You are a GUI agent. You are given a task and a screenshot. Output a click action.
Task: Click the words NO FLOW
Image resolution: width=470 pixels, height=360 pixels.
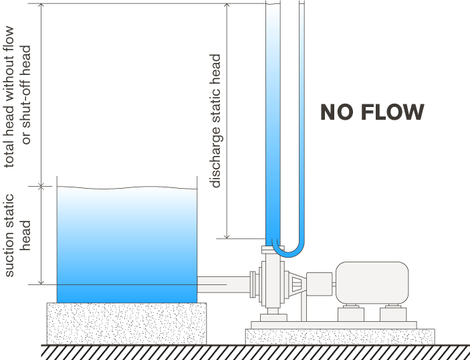click(372, 112)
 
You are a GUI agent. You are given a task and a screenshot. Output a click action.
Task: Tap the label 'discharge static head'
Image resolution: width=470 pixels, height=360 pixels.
click(216, 120)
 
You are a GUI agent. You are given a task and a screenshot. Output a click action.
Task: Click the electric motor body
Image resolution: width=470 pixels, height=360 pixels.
click(372, 281)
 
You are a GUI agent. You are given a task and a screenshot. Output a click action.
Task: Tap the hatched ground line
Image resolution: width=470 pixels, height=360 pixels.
click(254, 351)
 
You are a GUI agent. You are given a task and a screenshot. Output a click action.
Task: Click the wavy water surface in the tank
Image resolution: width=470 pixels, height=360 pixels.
click(126, 189)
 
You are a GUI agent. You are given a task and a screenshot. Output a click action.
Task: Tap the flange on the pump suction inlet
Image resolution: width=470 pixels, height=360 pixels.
click(252, 284)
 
